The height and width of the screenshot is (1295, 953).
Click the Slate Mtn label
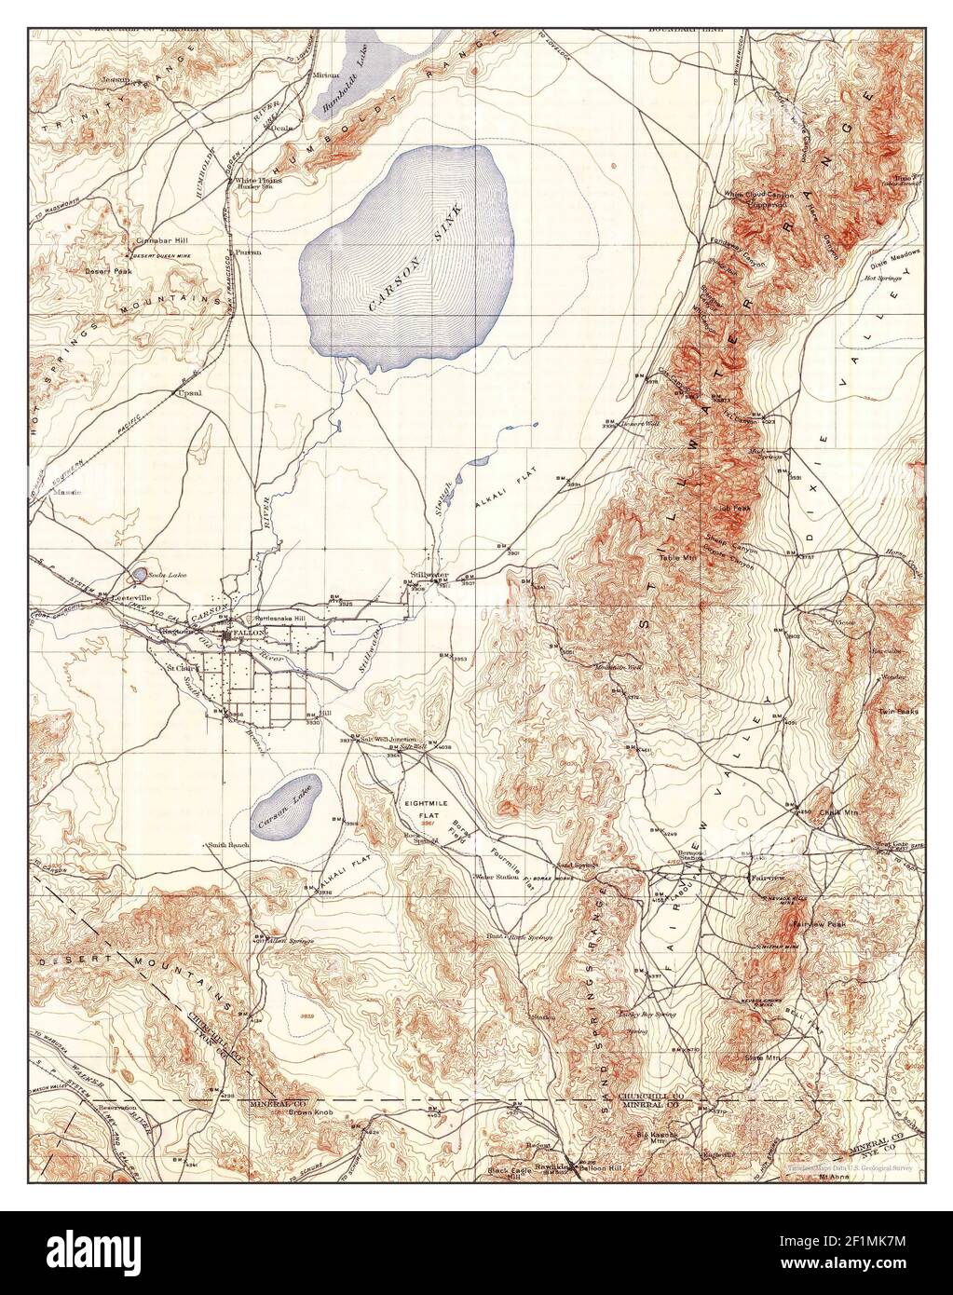760,1057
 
